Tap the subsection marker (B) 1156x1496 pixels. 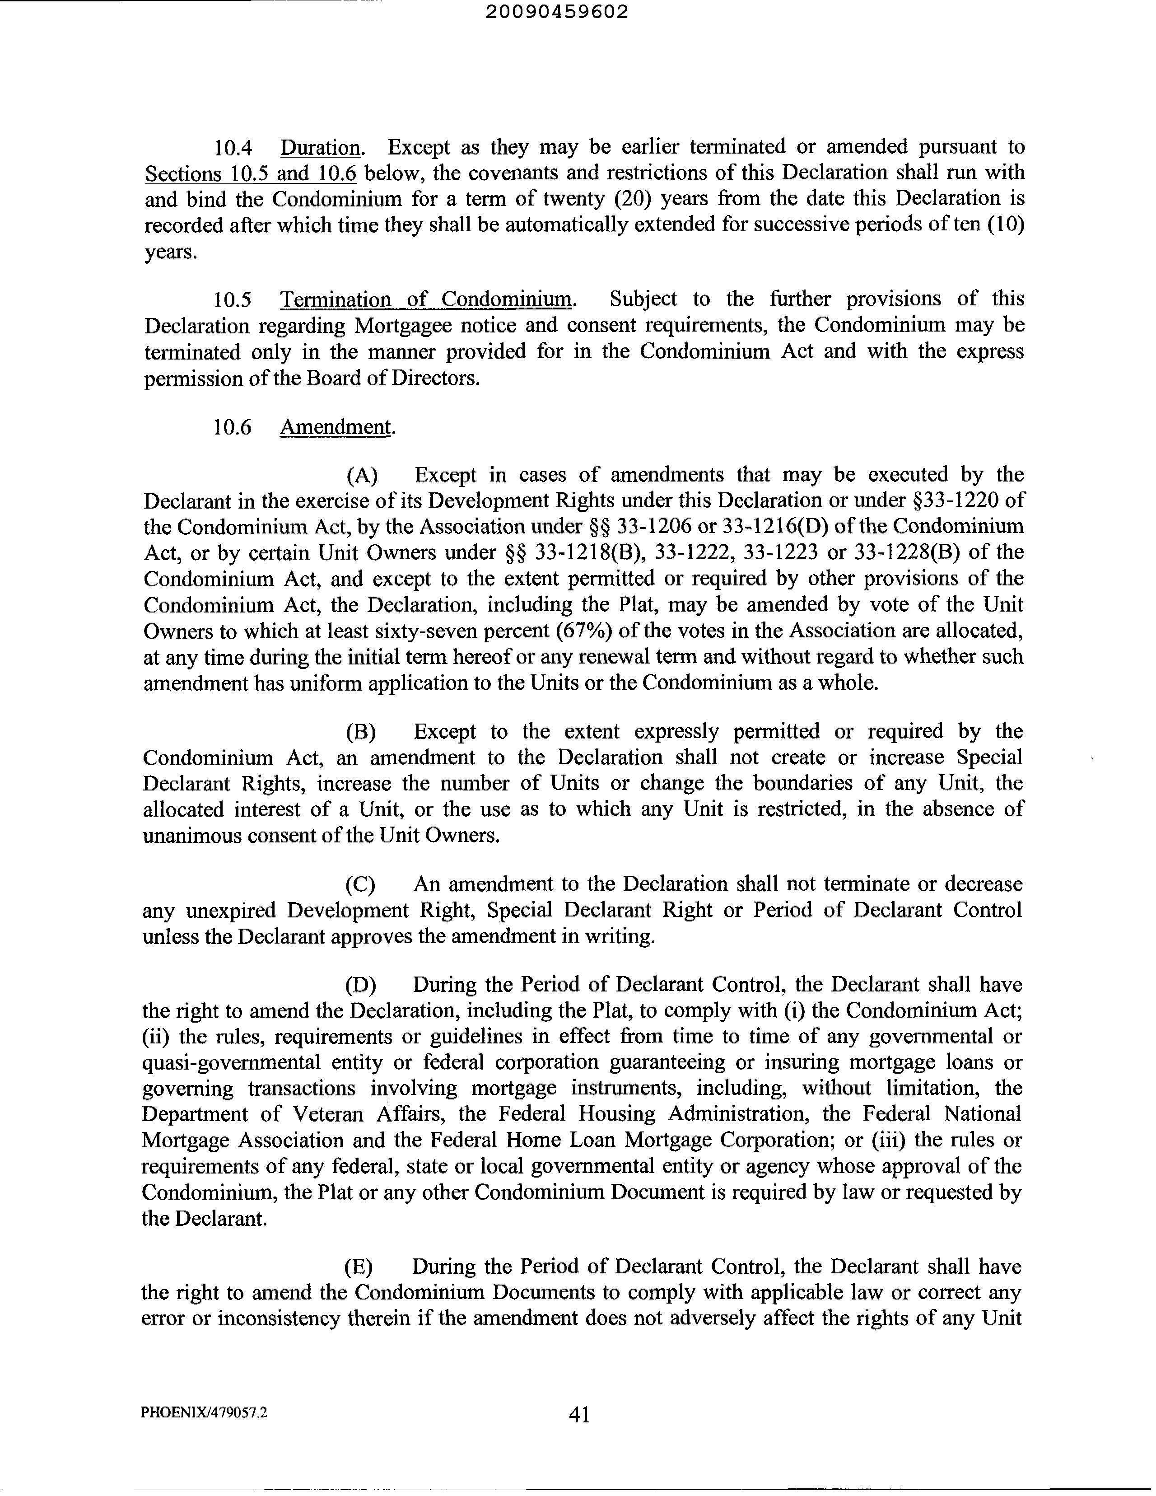click(361, 732)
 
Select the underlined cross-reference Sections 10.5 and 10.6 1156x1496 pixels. click(251, 174)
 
